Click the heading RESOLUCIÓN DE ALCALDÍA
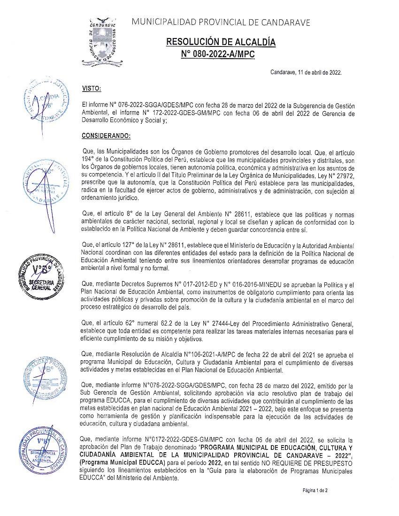tap(221, 43)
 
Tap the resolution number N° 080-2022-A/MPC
tap(218, 54)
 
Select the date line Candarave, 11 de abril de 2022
tap(306, 73)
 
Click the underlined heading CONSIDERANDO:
tap(107, 136)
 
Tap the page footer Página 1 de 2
tap(315, 490)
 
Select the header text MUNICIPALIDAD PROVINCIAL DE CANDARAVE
tap(221, 22)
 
